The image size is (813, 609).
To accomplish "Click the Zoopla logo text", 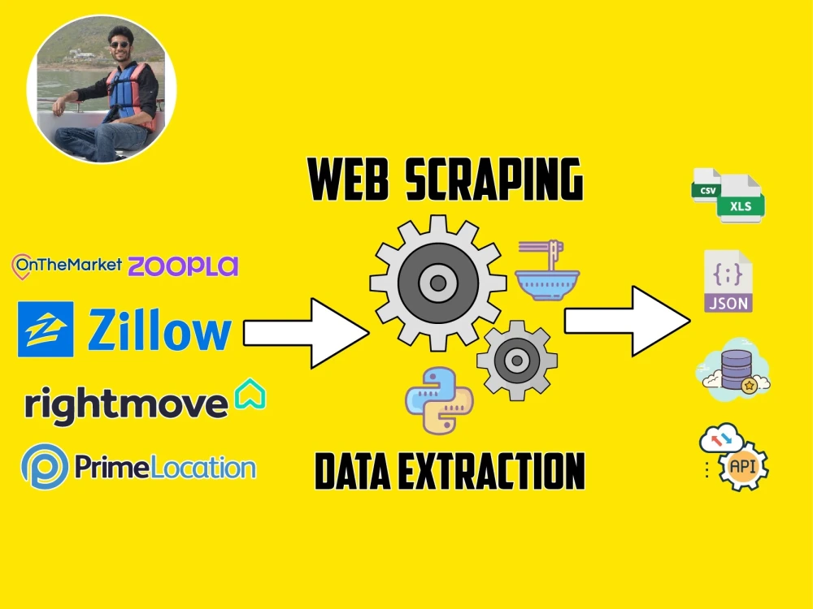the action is coord(183,266).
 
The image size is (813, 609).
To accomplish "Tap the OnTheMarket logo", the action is coord(67,266).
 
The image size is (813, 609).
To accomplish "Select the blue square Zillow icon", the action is coord(46,330).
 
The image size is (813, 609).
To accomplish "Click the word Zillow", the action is coord(159,330).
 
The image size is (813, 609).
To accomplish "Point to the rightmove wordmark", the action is coord(127,405).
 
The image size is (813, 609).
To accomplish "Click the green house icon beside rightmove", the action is coord(250,394).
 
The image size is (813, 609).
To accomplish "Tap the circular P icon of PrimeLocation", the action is coord(45,466).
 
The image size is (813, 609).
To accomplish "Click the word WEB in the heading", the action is coord(349,179).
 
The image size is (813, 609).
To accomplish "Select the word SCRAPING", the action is coord(494,179).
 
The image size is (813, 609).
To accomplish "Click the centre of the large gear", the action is coord(438,283).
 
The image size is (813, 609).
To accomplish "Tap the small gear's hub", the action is coord(517,361).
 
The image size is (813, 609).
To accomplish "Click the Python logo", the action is coord(439,401).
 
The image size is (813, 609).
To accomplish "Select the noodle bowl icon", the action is coord(547,270).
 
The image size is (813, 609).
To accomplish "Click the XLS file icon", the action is coord(741,200).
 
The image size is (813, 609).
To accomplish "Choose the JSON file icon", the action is coord(728,281).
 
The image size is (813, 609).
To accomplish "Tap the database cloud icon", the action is coord(733,369).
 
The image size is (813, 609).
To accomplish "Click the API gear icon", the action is coord(742,465).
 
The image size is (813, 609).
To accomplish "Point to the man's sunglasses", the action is coord(120,45).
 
